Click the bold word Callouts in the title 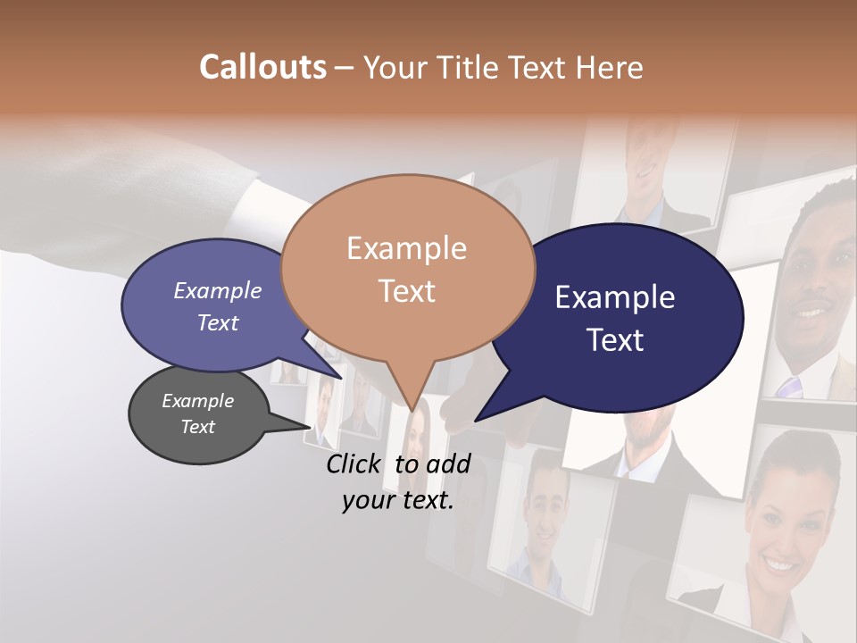[262, 67]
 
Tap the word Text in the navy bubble [616, 340]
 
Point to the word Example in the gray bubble [197, 401]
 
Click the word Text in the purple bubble [218, 322]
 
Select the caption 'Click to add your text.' [397, 482]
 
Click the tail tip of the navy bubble [476, 420]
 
